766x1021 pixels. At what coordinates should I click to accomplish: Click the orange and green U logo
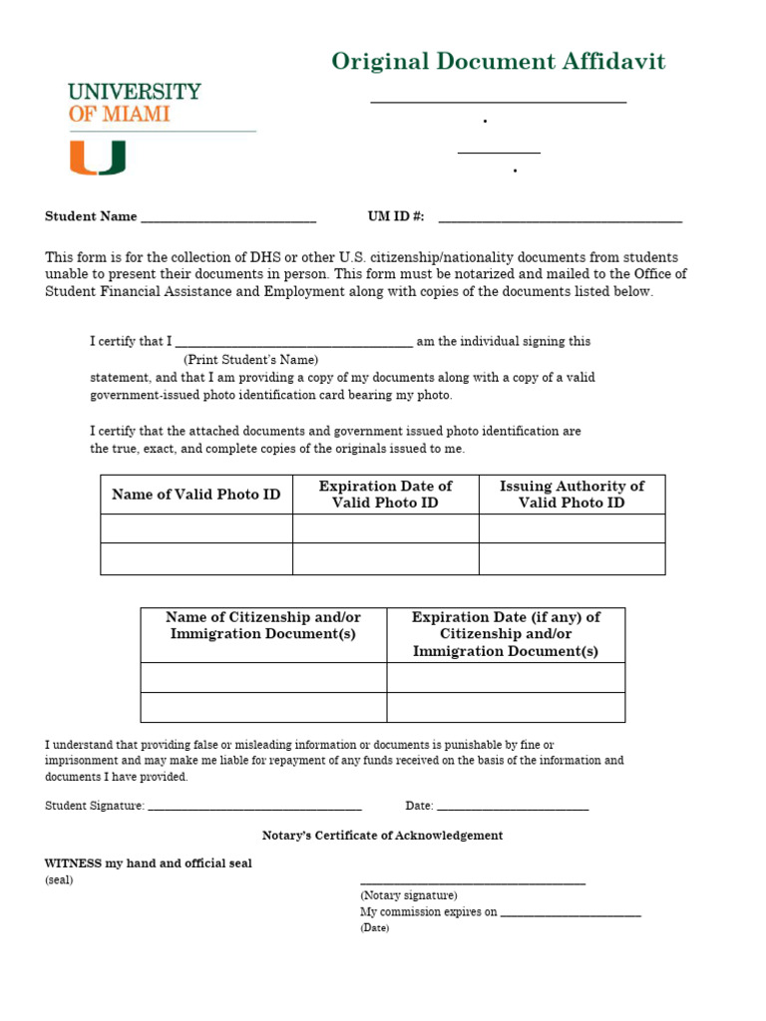(x=97, y=158)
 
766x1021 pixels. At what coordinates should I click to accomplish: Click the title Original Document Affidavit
(x=498, y=62)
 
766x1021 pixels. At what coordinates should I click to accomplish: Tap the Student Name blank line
(x=228, y=218)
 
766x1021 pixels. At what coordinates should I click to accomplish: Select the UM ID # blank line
(x=560, y=218)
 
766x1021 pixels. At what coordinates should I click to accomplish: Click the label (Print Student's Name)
(x=250, y=359)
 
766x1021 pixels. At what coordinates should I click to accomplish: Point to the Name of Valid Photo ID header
(x=196, y=495)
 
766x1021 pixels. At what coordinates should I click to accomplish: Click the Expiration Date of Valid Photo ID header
(x=385, y=495)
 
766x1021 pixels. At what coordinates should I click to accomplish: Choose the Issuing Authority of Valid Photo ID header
(x=572, y=495)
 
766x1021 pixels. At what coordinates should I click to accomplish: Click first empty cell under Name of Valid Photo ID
(x=196, y=528)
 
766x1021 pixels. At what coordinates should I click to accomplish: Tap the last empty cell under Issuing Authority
(x=572, y=559)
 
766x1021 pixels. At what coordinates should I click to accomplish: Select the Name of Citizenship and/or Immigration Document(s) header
(x=263, y=626)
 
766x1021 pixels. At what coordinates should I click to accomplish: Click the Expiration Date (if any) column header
(x=506, y=634)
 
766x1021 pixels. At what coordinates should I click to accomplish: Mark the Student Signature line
(x=254, y=807)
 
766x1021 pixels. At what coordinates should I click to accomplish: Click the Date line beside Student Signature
(x=513, y=807)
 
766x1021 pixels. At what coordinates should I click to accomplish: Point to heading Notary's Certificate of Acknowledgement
(x=382, y=836)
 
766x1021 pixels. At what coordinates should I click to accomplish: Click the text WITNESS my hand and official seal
(x=149, y=863)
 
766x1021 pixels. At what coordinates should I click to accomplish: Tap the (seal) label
(x=59, y=880)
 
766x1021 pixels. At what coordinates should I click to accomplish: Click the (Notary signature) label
(x=409, y=895)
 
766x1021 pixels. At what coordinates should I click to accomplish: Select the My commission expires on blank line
(x=571, y=913)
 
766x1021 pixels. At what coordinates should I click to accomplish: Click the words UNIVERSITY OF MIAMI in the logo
(x=134, y=103)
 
